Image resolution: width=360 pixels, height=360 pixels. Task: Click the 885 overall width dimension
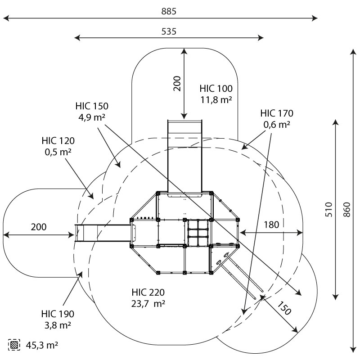coord(169,11)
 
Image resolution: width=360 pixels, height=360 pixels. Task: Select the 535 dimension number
coord(169,31)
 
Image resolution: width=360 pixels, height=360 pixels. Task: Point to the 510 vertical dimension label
coord(328,210)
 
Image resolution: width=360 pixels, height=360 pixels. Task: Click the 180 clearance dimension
coord(271,224)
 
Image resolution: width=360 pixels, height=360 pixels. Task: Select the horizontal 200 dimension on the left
coord(39,226)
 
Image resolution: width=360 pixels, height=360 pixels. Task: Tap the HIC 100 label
coord(216,89)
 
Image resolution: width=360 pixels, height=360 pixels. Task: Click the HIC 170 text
coord(277,113)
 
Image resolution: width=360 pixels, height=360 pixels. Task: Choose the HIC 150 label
coord(92,106)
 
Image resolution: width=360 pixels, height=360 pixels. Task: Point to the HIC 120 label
coord(58,140)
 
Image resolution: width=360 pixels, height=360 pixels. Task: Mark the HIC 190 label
coord(58,314)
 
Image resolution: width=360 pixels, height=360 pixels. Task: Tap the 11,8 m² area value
coord(216,100)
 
